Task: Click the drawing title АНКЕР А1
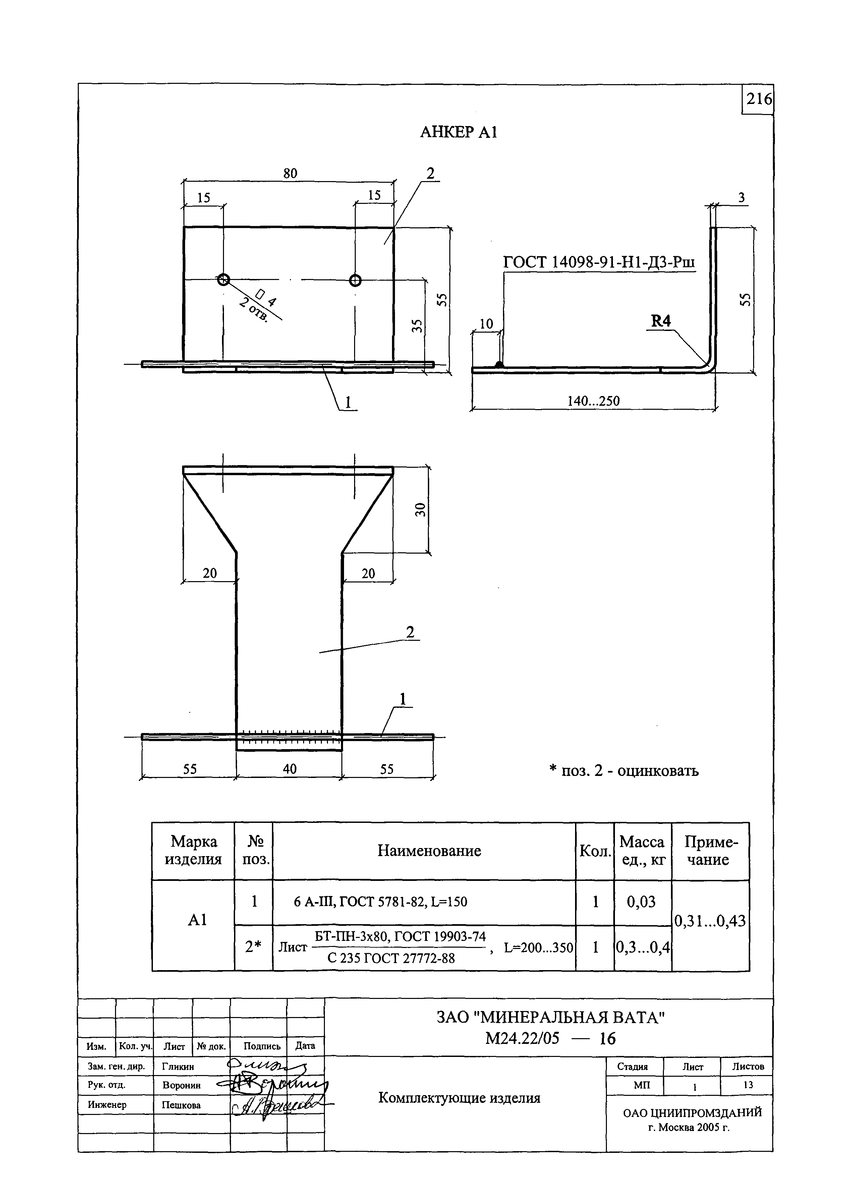[458, 133]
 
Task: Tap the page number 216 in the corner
[758, 99]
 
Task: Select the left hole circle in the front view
[223, 280]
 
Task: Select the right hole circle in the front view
[355, 280]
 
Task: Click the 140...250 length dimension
[593, 401]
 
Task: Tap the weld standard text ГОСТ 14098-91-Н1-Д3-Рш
[599, 262]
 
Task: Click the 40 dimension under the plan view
[290, 769]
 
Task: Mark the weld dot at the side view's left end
[499, 365]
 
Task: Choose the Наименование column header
[429, 851]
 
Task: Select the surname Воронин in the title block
[181, 1086]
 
